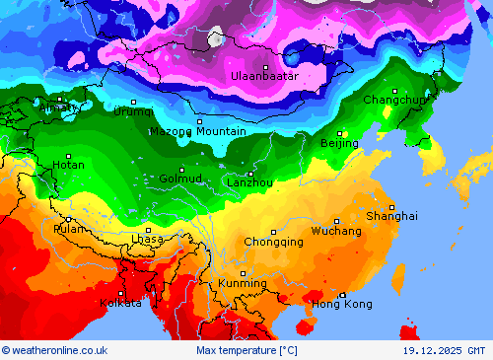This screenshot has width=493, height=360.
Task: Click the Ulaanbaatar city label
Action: pyautogui.click(x=264, y=76)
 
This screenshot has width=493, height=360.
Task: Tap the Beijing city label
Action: pyautogui.click(x=339, y=143)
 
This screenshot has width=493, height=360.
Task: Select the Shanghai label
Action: pyautogui.click(x=391, y=215)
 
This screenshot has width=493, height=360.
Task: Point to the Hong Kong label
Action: pyautogui.click(x=342, y=304)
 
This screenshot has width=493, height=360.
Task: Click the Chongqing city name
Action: pyautogui.click(x=273, y=241)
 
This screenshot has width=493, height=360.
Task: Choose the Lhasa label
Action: pyautogui.click(x=147, y=239)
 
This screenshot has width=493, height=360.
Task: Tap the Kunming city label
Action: pyautogui.click(x=242, y=283)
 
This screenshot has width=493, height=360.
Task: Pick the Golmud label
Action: pyautogui.click(x=180, y=179)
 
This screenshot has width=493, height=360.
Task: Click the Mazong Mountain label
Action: pyautogui.click(x=197, y=131)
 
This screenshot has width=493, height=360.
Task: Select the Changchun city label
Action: pyautogui.click(x=394, y=100)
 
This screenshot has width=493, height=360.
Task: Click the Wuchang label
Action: pyautogui.click(x=335, y=230)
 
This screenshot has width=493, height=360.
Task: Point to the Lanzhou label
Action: pyautogui.click(x=249, y=182)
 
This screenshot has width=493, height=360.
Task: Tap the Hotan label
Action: pyautogui.click(x=68, y=165)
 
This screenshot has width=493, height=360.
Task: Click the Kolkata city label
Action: pyautogui.click(x=120, y=303)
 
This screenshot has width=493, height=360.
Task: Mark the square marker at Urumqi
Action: pyautogui.click(x=133, y=102)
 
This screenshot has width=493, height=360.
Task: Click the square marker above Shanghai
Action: pyautogui.click(x=391, y=206)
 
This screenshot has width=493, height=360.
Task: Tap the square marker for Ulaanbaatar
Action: pyautogui.click(x=265, y=67)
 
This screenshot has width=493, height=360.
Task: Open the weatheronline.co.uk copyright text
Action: pyautogui.click(x=54, y=350)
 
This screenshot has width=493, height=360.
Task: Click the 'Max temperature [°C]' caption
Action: pyautogui.click(x=246, y=350)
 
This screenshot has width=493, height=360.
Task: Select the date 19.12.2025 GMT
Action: pyautogui.click(x=444, y=350)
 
